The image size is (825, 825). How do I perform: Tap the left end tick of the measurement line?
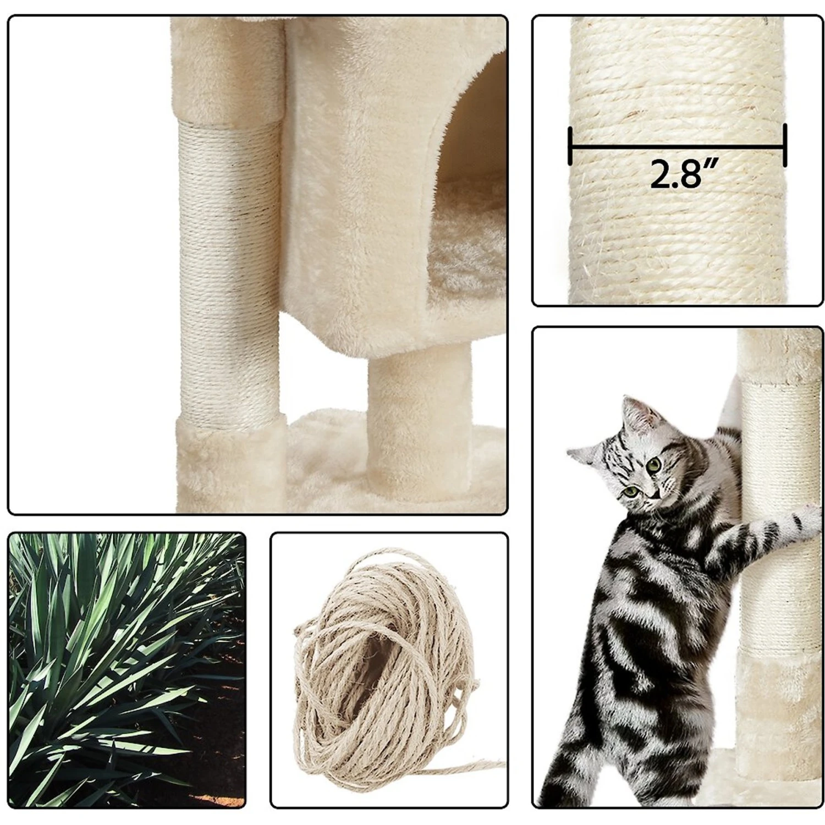pyautogui.click(x=570, y=146)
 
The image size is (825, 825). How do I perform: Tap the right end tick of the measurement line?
pyautogui.click(x=784, y=145)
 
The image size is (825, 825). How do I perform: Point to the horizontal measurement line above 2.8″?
pyautogui.click(x=677, y=147)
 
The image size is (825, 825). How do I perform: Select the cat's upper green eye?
pyautogui.click(x=654, y=465)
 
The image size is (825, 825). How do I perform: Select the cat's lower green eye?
pyautogui.click(x=630, y=490)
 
